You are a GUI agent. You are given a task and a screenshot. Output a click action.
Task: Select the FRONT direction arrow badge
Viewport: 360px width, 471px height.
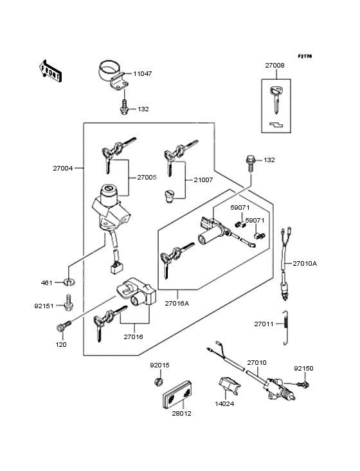coord(51,70)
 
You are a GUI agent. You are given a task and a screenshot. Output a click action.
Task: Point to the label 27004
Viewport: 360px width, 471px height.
coord(63,168)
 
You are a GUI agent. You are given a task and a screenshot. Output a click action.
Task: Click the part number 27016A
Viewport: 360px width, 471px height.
coord(177,302)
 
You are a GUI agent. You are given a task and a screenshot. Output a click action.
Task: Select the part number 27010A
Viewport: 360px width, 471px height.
coord(324,263)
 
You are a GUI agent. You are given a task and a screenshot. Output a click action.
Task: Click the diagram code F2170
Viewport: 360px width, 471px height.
coord(304,57)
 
